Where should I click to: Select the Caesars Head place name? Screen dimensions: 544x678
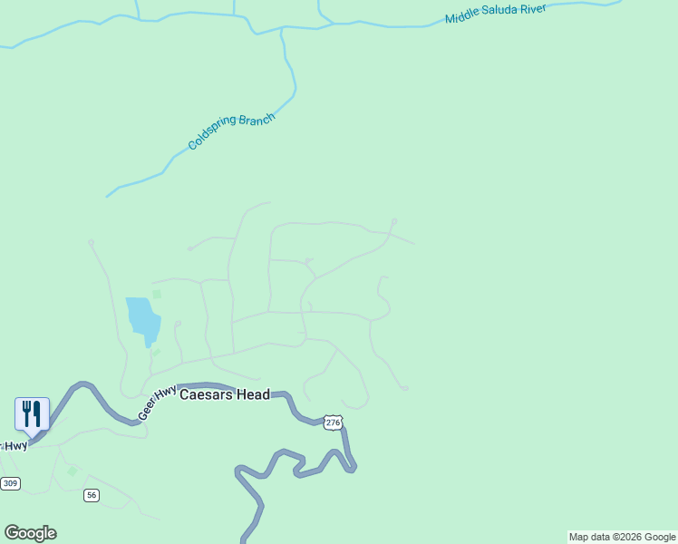pos(225,394)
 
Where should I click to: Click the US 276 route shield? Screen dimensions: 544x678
pos(334,423)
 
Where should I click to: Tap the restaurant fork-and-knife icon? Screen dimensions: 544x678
pos(32,413)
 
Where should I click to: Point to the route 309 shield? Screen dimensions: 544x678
pos(10,483)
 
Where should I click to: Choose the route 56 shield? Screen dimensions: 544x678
pos(91,495)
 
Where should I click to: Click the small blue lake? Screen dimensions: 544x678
pos(143,319)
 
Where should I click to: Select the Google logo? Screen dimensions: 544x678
pos(30,533)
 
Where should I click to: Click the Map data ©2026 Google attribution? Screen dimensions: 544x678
pos(622,537)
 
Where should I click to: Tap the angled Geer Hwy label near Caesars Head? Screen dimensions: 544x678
pos(157,403)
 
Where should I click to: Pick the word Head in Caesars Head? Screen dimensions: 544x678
pos(254,394)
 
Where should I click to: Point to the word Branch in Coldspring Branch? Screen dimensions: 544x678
pos(257,121)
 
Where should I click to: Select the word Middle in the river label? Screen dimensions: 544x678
pos(462,17)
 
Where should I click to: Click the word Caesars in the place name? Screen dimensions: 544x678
pos(207,394)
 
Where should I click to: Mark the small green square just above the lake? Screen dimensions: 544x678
pos(157,294)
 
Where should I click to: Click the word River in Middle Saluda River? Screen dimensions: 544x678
pos(537,9)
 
